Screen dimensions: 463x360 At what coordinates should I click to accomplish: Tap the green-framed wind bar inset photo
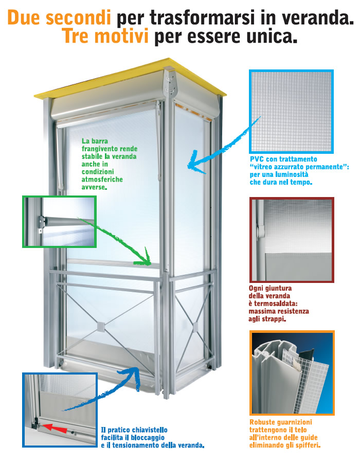pyautogui.click(x=59, y=222)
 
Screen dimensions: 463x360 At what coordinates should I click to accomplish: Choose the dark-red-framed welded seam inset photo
pyautogui.click(x=291, y=239)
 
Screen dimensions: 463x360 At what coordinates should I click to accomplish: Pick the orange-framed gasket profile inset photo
pyautogui.click(x=292, y=373)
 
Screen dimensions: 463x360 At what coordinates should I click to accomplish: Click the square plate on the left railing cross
pyautogui.click(x=100, y=326)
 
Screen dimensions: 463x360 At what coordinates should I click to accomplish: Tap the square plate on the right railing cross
pyautogui.click(x=195, y=326)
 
